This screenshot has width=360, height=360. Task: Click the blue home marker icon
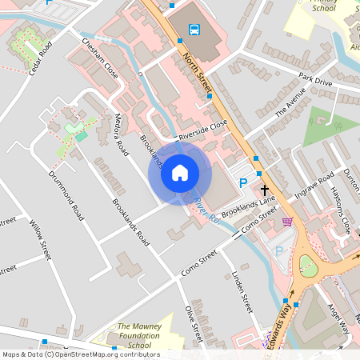[x=180, y=172]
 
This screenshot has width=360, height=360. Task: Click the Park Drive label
[x=314, y=80]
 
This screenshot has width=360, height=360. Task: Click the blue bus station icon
[x=194, y=30]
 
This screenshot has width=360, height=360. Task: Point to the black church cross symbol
[x=265, y=190]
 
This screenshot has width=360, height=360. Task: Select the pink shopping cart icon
[x=287, y=221]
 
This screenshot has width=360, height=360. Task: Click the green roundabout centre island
[x=307, y=266]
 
